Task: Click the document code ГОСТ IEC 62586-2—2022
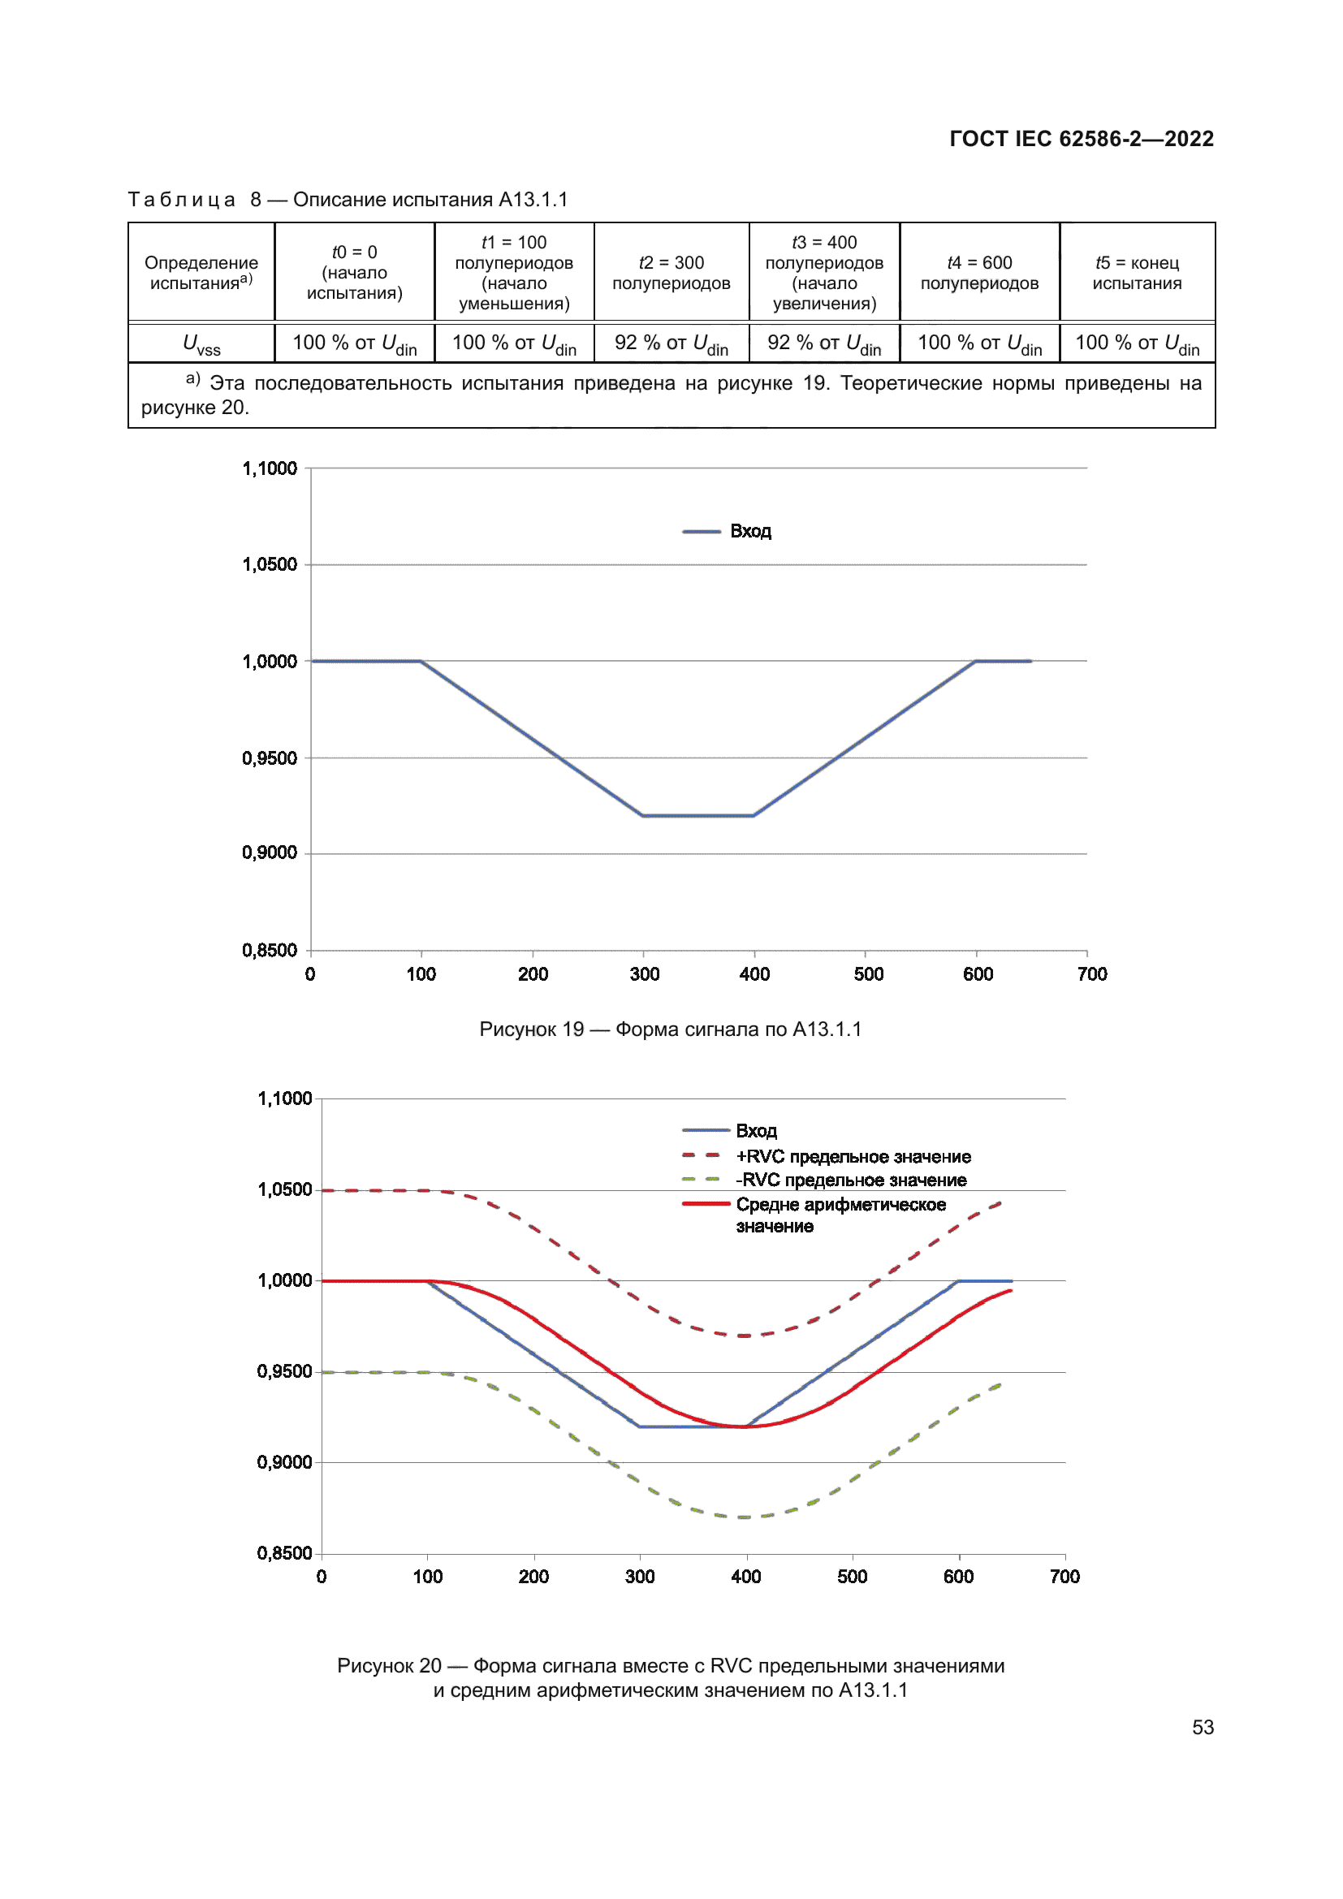1081,139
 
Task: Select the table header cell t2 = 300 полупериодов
671,273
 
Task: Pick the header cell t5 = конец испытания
1136,273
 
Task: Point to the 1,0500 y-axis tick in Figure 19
270,565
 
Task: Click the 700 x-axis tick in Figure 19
1091,974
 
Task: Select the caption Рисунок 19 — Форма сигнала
670,1029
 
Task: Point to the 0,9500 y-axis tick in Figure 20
284,1372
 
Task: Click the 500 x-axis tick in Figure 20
852,1577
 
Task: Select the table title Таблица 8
348,201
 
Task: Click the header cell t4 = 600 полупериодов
979,273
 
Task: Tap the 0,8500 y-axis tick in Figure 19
270,951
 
